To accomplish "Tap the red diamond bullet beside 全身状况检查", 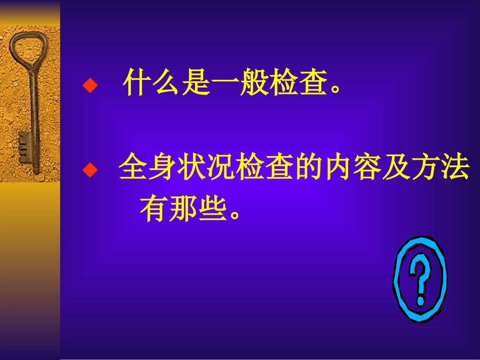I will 89,170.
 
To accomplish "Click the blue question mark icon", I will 420,281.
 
